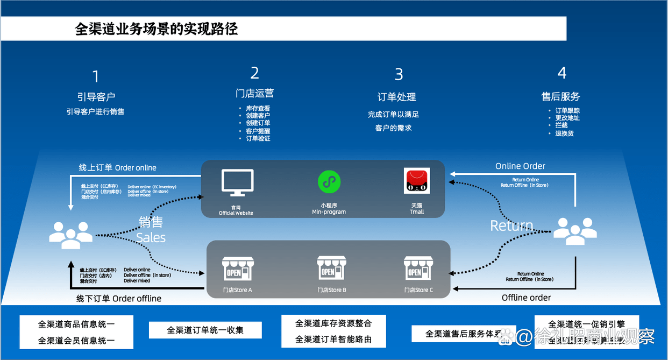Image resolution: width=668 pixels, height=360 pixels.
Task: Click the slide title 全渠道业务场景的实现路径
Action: tap(156, 29)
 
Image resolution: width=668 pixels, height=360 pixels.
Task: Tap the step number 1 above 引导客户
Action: tap(96, 77)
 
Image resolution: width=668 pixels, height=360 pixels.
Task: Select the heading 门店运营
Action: tap(254, 93)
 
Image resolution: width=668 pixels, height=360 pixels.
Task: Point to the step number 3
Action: tap(399, 74)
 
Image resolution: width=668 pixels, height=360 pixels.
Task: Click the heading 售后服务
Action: tap(560, 97)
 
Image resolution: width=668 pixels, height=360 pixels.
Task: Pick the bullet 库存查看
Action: tap(258, 108)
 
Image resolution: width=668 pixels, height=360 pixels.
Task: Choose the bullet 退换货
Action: tap(564, 133)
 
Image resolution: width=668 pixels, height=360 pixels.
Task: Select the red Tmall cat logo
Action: tap(417, 181)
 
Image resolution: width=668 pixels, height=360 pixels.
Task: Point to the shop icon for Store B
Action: tap(332, 268)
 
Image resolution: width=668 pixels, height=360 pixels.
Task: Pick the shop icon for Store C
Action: tap(418, 268)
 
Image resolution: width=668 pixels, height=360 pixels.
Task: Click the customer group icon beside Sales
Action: tap(70, 235)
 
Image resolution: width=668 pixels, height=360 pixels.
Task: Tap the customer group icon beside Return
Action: tap(575, 230)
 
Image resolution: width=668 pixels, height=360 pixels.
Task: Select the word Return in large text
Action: tap(511, 225)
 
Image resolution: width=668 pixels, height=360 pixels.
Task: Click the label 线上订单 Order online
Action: tap(118, 167)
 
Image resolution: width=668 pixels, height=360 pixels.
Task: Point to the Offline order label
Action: tap(526, 298)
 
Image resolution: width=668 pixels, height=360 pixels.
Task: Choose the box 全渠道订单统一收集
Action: tap(205, 330)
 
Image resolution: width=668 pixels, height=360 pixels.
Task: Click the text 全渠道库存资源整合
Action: tap(333, 323)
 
